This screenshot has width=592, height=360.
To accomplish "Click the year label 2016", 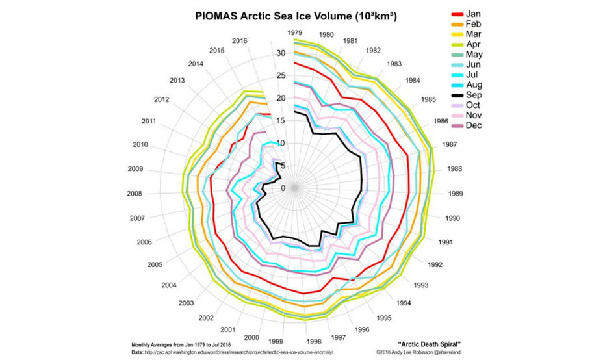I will tap(240, 40).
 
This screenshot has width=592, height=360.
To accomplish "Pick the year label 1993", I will tap(420, 285).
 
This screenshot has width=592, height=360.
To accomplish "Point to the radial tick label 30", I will tap(281, 53).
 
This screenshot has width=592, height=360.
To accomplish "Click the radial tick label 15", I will tap(281, 121).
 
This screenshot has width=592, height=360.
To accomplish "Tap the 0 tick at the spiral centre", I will tap(283, 188).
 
